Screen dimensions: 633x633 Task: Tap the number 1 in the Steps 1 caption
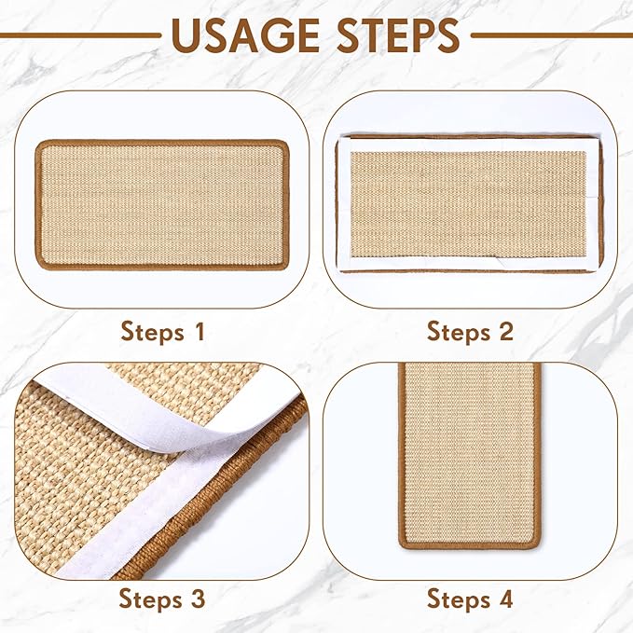[x=197, y=331]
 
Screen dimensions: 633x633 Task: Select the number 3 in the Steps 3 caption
[x=197, y=598]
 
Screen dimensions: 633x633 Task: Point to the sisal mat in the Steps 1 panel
[x=161, y=204]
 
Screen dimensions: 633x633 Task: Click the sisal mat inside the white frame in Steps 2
[x=467, y=203]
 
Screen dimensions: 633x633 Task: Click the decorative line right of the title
[x=551, y=35]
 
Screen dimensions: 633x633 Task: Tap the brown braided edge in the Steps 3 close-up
[x=252, y=466]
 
